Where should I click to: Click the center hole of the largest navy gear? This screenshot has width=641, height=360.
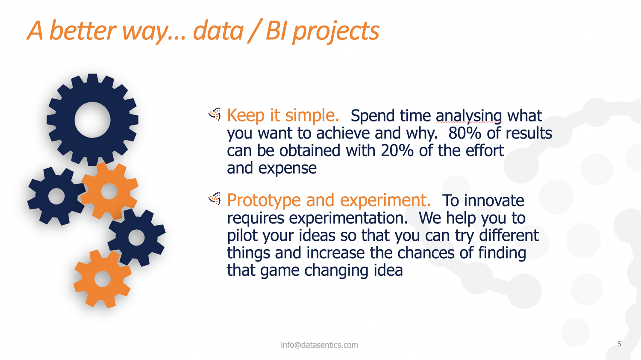coord(92,120)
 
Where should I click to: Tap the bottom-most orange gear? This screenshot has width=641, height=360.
coord(103,279)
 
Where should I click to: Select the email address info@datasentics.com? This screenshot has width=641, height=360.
coord(319,345)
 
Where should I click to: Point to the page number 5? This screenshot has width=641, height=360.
coord(619,344)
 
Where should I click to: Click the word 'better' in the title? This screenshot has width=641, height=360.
coord(83,31)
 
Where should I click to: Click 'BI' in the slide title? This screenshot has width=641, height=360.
coord(276,31)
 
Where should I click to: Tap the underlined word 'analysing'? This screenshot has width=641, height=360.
coord(469,116)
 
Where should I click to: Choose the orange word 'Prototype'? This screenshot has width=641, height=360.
coord(264,201)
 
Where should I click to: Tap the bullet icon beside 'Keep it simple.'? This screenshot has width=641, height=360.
coord(215,114)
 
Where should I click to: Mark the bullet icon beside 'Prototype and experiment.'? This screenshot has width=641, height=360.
coord(215,199)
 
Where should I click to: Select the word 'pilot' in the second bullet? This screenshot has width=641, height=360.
coord(242,236)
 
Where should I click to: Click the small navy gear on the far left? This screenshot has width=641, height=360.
coord(56,197)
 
